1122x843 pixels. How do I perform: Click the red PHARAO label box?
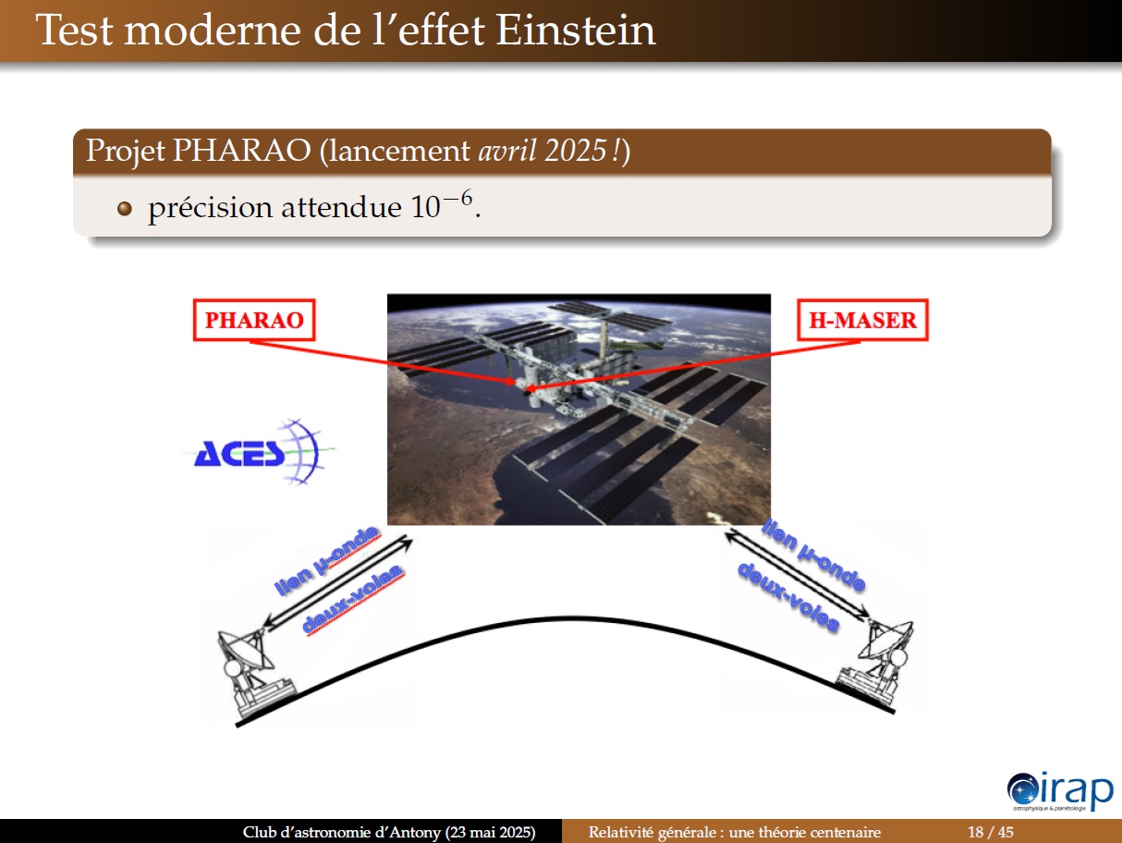click(254, 320)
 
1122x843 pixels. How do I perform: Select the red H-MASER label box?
click(862, 320)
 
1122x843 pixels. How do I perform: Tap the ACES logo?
click(260, 452)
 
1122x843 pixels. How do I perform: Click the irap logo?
click(1060, 792)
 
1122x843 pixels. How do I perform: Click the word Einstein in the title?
click(576, 31)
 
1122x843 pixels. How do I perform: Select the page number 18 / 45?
click(991, 832)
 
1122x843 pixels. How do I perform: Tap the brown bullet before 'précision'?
click(124, 209)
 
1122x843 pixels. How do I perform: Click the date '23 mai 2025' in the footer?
click(490, 832)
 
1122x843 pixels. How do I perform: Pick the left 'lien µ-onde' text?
click(327, 561)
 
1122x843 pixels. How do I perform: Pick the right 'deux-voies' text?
click(788, 596)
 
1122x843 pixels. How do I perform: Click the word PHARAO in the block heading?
click(242, 151)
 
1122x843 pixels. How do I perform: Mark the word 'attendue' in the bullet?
click(341, 208)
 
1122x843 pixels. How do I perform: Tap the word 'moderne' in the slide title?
click(213, 31)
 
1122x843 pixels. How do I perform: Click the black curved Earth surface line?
click(566, 618)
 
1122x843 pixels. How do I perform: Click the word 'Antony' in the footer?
click(416, 832)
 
